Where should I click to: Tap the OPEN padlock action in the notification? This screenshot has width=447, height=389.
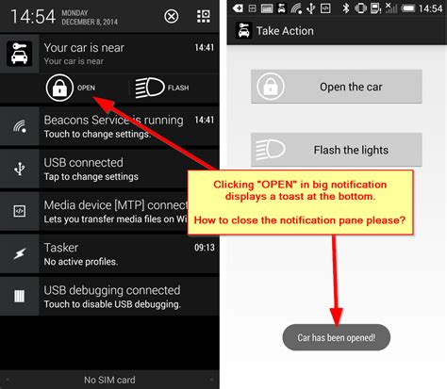click(x=71, y=88)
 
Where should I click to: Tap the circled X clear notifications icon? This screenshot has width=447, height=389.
click(x=171, y=17)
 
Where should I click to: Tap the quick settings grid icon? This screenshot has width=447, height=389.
click(x=203, y=17)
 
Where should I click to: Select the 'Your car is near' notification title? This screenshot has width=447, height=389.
click(x=84, y=47)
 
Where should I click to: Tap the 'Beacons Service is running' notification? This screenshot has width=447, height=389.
click(x=113, y=121)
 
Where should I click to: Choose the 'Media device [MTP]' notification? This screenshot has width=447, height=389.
click(x=113, y=203)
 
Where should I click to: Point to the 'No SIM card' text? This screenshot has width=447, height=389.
click(x=109, y=380)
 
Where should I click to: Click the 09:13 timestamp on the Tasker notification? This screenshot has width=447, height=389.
click(x=204, y=246)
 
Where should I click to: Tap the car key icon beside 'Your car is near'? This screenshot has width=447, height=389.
click(x=19, y=53)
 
